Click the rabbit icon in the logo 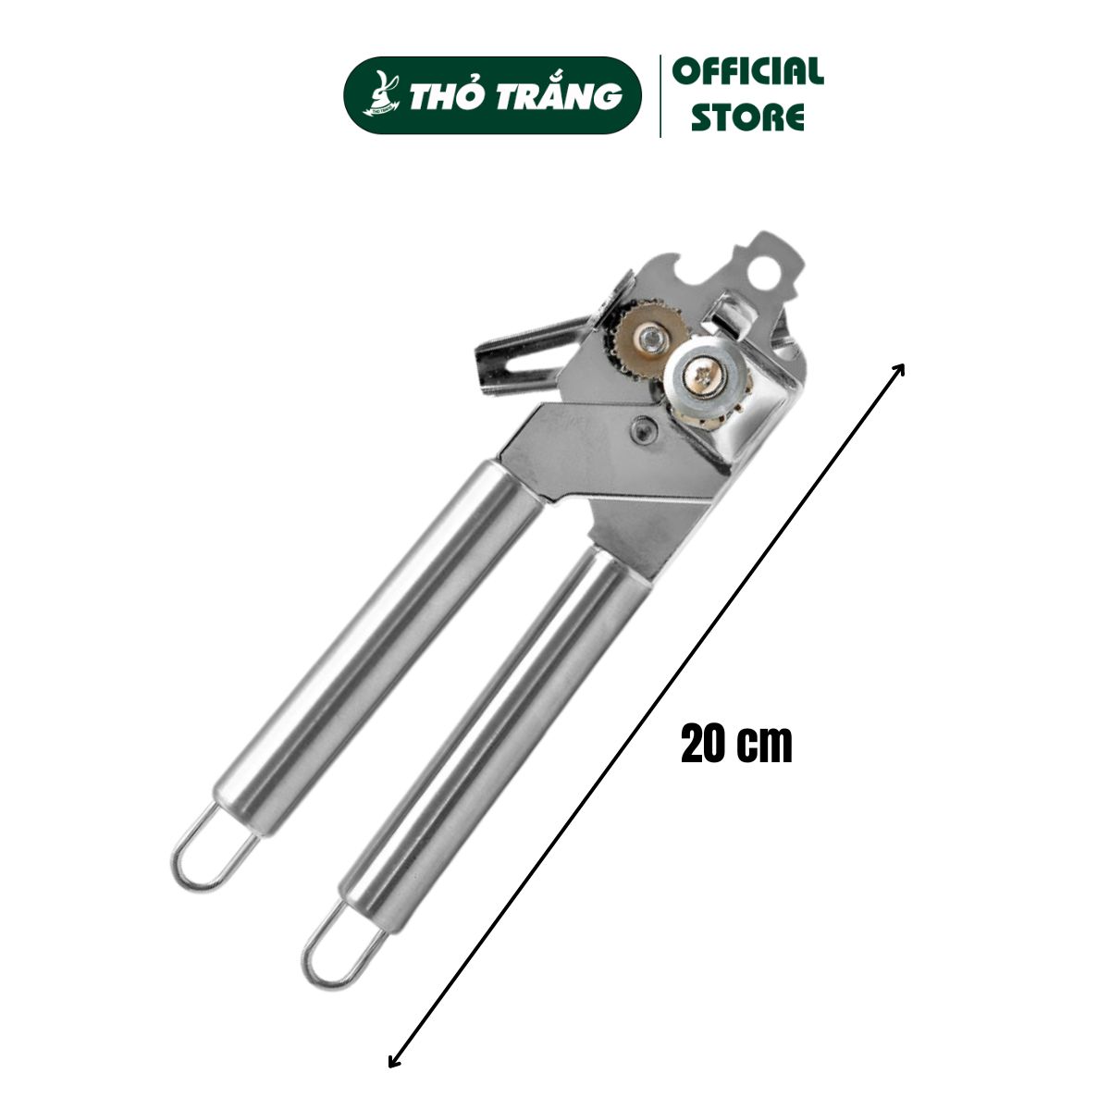[x=381, y=93]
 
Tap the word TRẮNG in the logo [x=560, y=94]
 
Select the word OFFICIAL [x=748, y=72]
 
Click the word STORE [x=747, y=117]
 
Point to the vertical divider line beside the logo [x=660, y=96]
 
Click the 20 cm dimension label [x=736, y=744]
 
